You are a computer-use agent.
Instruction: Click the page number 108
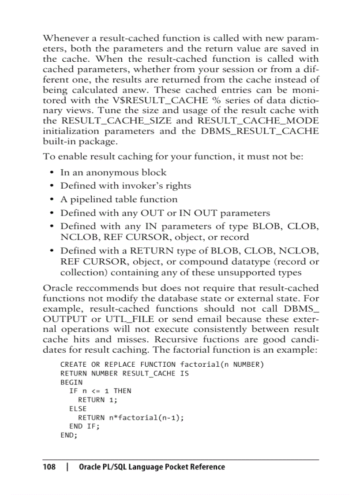click(49, 467)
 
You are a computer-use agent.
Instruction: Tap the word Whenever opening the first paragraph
click(63, 38)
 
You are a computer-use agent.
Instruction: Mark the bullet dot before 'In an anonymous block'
click(52, 172)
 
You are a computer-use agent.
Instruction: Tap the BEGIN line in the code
click(71, 383)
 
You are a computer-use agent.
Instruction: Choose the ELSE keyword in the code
click(78, 409)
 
